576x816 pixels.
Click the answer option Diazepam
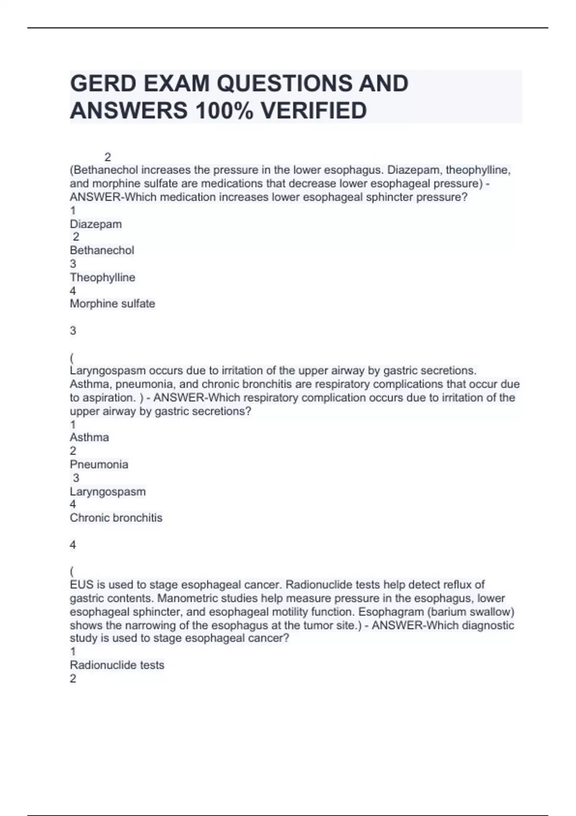(x=96, y=224)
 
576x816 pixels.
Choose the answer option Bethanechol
(x=102, y=251)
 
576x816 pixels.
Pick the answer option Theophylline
(x=102, y=277)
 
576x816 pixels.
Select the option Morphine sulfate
(x=112, y=304)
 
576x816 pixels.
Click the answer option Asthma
(x=89, y=437)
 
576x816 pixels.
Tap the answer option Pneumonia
(x=99, y=465)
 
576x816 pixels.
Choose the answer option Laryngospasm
(x=108, y=492)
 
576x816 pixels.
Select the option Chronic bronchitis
(x=116, y=518)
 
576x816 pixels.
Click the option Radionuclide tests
(x=117, y=665)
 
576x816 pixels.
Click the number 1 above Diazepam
(x=73, y=211)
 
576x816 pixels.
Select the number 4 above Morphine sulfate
(x=73, y=291)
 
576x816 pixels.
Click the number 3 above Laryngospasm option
(x=76, y=478)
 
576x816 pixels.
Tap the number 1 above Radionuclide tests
(x=73, y=651)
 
